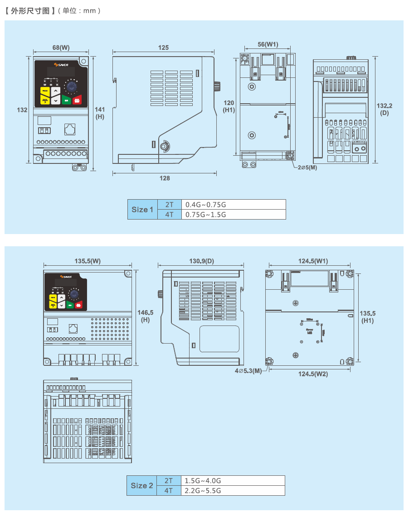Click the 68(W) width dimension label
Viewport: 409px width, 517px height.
click(61, 47)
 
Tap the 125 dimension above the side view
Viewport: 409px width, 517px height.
click(163, 48)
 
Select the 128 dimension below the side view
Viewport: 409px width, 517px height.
click(165, 178)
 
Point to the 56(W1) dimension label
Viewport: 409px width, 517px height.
click(268, 44)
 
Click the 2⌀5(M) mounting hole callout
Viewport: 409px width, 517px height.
click(307, 167)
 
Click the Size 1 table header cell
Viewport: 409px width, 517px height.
click(142, 210)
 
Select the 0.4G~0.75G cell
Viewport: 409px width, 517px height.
click(234, 205)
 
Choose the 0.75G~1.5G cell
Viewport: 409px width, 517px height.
click(234, 215)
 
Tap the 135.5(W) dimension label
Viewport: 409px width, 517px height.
click(88, 261)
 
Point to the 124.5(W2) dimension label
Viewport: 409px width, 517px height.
click(313, 374)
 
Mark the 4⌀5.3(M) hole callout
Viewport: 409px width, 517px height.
click(248, 371)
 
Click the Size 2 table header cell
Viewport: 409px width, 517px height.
click(142, 485)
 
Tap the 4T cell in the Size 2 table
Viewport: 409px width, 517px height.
click(169, 491)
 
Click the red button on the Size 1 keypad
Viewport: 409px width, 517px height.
click(77, 100)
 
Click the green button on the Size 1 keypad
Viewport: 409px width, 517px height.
click(66, 100)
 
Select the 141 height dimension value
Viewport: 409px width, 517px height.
click(100, 110)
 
